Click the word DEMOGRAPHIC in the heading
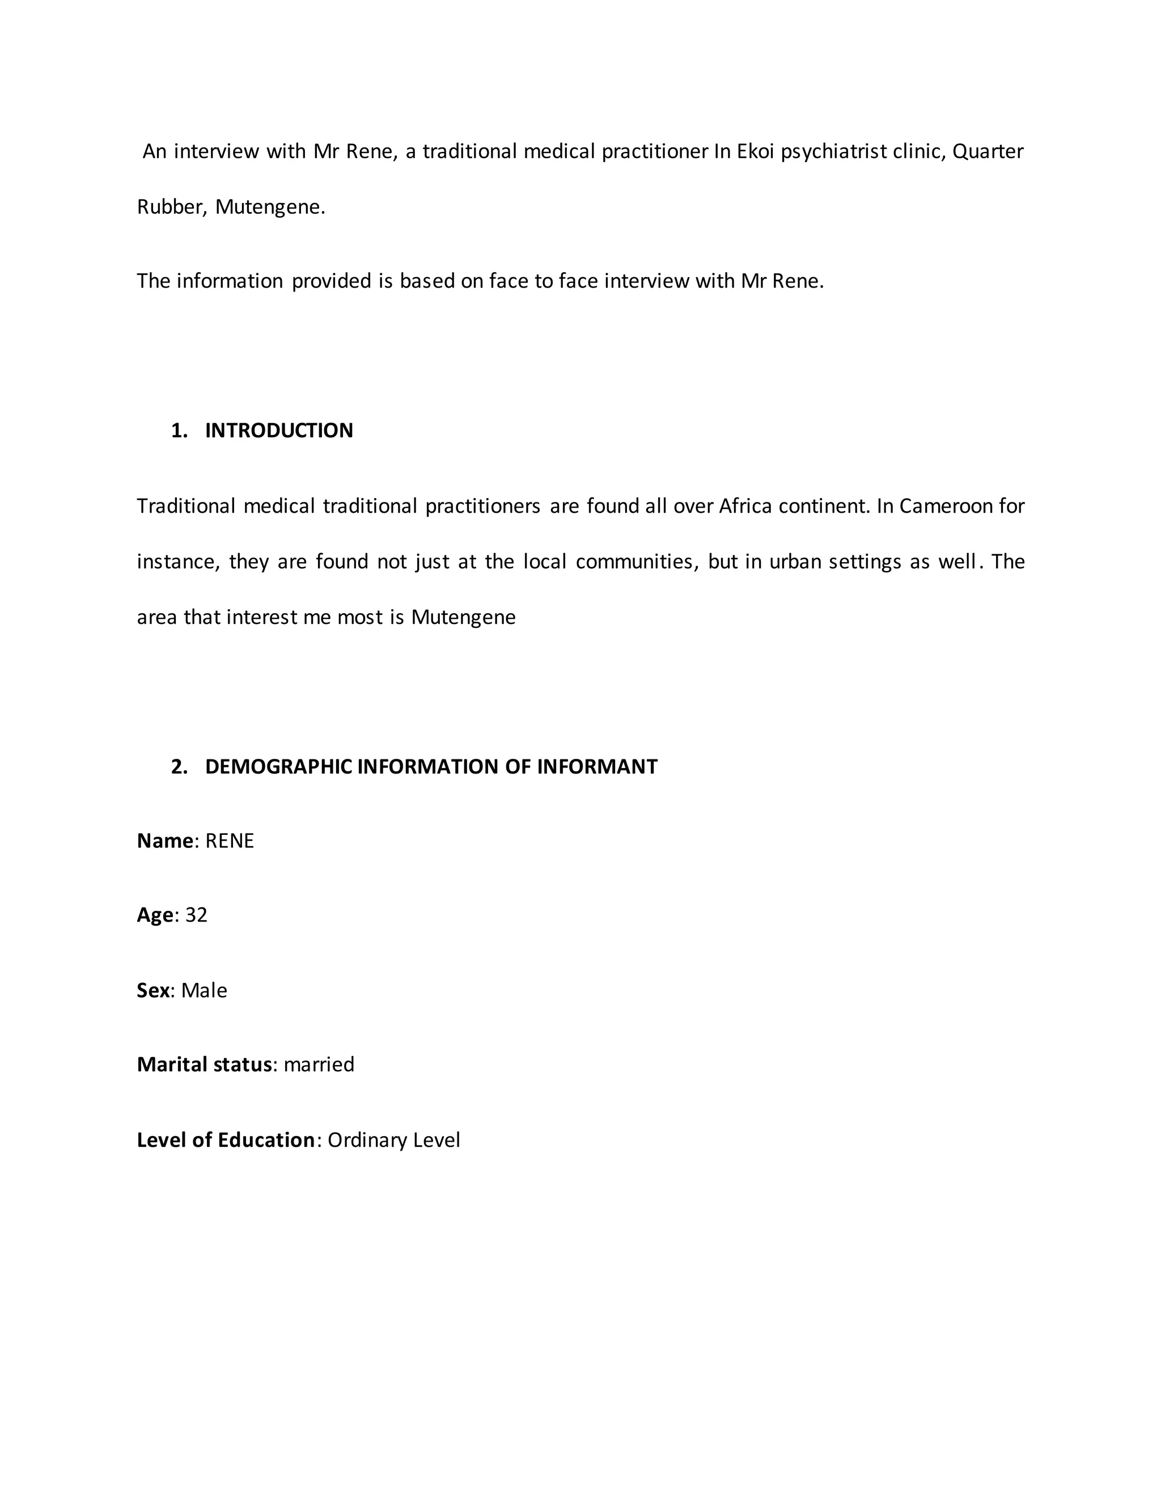278,767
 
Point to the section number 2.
179,767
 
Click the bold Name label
165,841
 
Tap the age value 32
196,915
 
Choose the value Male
204,990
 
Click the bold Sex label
152,990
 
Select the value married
319,1065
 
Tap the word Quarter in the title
988,151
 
